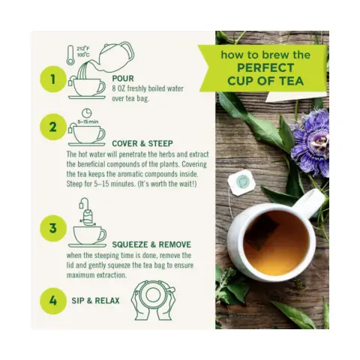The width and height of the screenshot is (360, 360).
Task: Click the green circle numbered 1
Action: (x=53, y=79)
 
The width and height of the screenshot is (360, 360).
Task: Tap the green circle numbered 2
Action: (x=53, y=127)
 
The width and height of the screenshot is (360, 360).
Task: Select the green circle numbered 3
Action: (x=53, y=228)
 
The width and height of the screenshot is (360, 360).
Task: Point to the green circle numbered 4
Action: (x=53, y=301)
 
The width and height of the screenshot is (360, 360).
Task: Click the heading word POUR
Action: (x=123, y=79)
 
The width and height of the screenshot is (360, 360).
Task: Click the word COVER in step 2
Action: (x=124, y=144)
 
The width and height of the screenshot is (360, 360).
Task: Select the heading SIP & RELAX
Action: (x=95, y=301)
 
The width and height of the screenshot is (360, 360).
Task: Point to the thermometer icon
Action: (x=70, y=55)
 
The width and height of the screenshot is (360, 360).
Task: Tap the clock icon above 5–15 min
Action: (x=87, y=113)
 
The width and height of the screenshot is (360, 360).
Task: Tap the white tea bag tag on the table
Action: (x=241, y=182)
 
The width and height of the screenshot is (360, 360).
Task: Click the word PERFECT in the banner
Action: (x=265, y=68)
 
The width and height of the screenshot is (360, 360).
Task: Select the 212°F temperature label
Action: (x=82, y=49)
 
